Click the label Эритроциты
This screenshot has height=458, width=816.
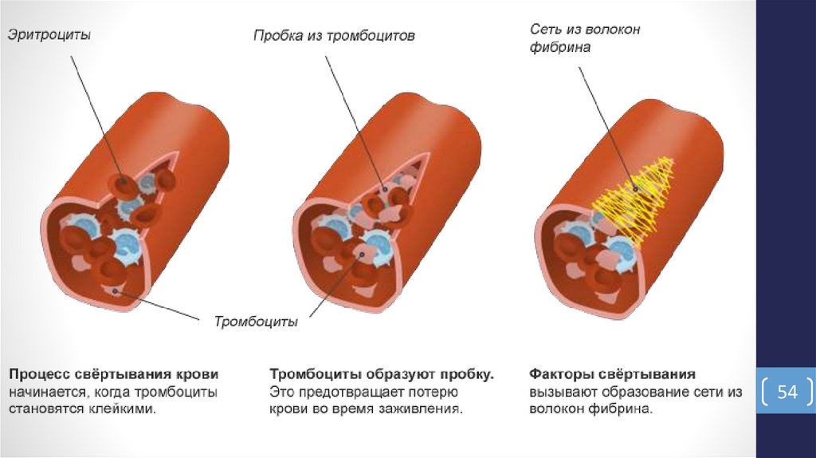pyautogui.click(x=49, y=35)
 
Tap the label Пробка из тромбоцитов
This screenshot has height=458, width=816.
pyautogui.click(x=335, y=36)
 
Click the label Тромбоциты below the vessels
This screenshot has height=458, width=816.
pyautogui.click(x=256, y=322)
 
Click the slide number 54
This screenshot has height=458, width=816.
pyautogui.click(x=787, y=392)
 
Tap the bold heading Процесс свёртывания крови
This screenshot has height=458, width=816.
pyautogui.click(x=114, y=373)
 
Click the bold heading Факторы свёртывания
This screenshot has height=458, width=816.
pyautogui.click(x=613, y=373)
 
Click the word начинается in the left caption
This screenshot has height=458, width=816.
pyautogui.click(x=46, y=392)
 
